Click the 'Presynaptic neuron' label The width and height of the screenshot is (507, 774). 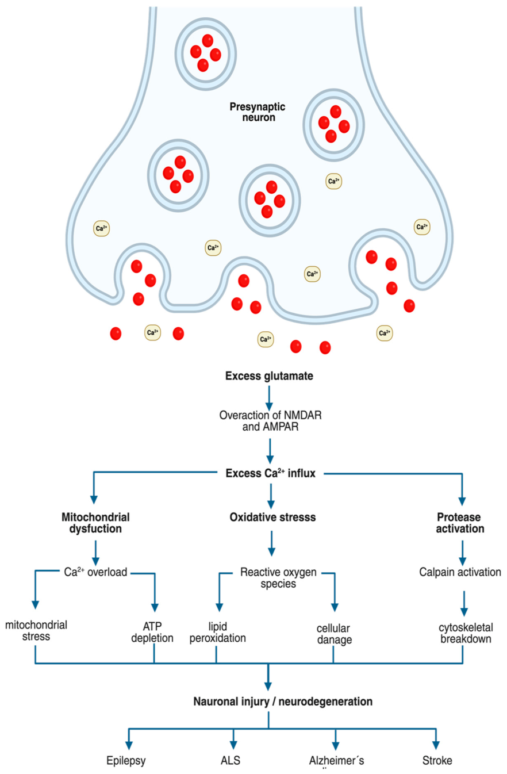pos(258,112)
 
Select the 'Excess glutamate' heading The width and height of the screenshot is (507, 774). pos(269,376)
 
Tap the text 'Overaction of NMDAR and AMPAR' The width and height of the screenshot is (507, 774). pos(270,420)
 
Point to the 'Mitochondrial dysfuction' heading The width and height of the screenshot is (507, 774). pos(95,523)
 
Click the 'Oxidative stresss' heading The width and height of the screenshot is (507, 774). pos(272,518)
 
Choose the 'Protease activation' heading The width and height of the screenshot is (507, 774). pos(460,523)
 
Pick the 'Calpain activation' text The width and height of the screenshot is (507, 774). pos(460,572)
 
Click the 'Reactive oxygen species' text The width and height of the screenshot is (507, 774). pos(278,578)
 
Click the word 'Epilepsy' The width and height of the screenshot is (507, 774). pos(126,761)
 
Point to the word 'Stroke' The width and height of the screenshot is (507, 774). pos(437,760)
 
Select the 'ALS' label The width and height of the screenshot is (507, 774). pos(231,760)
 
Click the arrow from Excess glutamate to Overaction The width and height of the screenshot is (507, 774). pos(269,398)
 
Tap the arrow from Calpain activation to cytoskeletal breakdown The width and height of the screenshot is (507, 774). pos(464,603)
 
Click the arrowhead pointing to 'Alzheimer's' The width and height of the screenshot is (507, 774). pos(335,746)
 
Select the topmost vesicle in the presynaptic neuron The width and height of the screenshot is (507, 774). pos(205,53)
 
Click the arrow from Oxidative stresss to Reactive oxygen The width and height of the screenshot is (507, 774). pos(272,543)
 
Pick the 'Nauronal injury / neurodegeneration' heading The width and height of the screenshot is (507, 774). pos(283,702)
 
